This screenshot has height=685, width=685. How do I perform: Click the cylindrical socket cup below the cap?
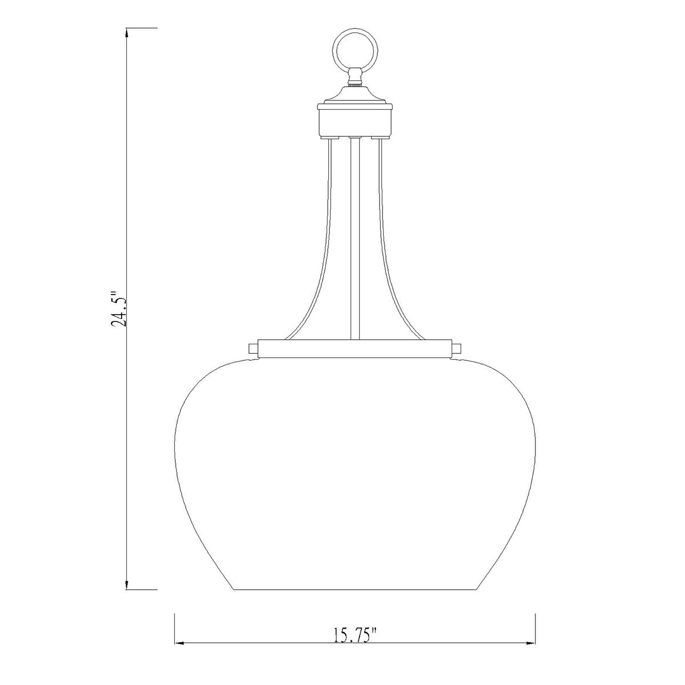tap(354, 123)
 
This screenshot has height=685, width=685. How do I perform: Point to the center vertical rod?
tap(354, 239)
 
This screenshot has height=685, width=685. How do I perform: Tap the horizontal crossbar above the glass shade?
tap(354, 348)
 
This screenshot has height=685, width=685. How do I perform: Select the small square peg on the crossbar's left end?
tap(253, 348)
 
